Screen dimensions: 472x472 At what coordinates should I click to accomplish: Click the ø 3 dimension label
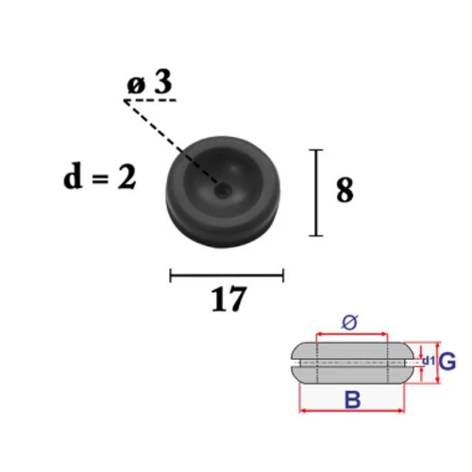[150, 82]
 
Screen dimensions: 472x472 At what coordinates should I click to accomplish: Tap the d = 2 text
[100, 177]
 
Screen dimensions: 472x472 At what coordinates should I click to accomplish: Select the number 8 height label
[345, 190]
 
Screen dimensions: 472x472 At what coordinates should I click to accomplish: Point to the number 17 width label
[228, 299]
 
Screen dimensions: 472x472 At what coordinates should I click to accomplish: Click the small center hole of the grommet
[222, 191]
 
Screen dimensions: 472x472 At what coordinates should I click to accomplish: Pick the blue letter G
[447, 362]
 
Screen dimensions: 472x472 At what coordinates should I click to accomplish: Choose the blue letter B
[353, 399]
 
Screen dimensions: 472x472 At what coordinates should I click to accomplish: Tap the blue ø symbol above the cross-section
[350, 323]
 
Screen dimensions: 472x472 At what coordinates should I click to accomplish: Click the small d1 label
[429, 361]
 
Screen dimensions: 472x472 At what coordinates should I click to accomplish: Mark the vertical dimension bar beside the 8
[316, 193]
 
